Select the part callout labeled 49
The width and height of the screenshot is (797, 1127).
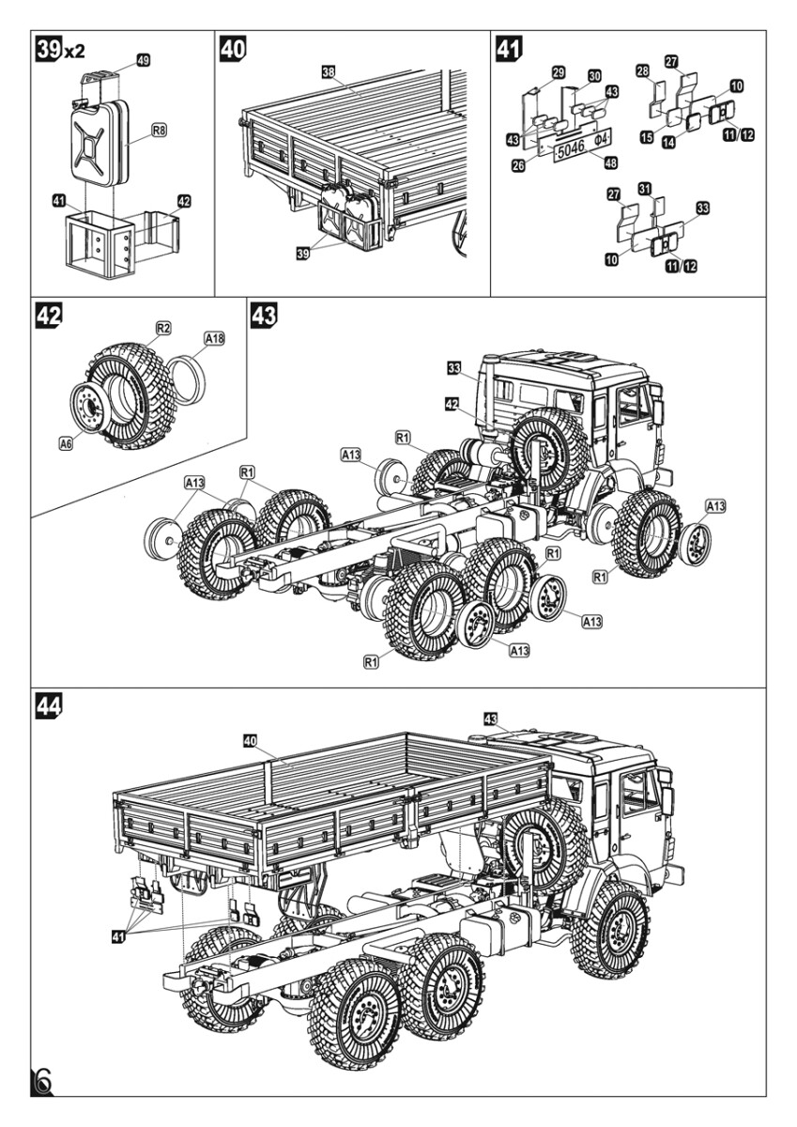(x=144, y=60)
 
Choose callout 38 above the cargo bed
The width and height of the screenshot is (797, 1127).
(x=327, y=71)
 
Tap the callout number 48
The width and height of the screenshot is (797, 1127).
(x=610, y=162)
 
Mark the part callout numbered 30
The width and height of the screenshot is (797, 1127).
(x=594, y=75)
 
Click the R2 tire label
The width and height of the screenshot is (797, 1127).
(x=163, y=328)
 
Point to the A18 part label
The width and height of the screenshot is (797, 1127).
(x=214, y=337)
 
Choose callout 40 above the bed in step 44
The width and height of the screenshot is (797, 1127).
(x=250, y=741)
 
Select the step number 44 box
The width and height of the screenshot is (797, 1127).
(x=47, y=705)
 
